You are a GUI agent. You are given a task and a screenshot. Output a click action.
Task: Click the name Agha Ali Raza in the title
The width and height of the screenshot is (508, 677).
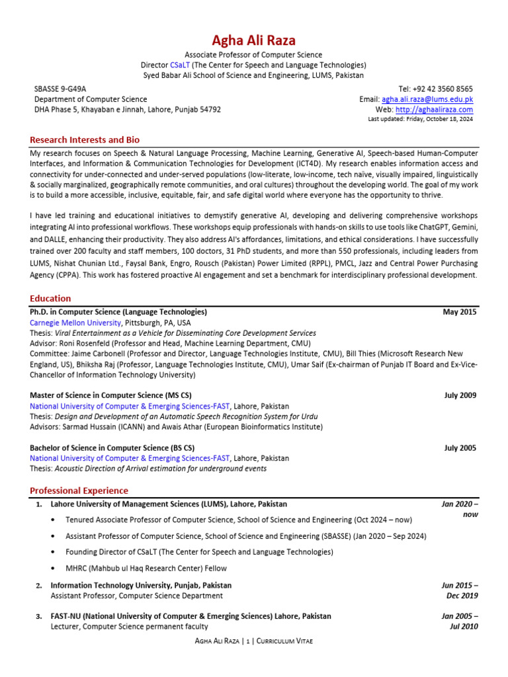[x=253, y=40]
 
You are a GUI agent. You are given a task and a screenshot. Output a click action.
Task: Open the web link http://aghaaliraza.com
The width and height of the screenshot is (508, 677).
[x=434, y=110]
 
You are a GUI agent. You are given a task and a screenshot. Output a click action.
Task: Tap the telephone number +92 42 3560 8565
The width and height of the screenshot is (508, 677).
[x=444, y=89]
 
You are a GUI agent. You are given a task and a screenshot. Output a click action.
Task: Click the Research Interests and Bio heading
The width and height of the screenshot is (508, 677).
[x=85, y=140]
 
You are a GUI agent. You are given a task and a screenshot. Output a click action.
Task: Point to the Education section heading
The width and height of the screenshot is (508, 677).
[x=50, y=299]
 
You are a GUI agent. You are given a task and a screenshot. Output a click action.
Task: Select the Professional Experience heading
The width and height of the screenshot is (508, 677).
[x=79, y=491]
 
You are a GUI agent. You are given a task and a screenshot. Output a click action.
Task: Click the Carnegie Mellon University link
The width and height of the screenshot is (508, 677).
[x=75, y=323]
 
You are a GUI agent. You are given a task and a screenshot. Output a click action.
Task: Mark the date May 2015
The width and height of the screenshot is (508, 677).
[x=459, y=312]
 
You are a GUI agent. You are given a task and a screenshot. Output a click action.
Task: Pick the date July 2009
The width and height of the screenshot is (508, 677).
[x=460, y=395]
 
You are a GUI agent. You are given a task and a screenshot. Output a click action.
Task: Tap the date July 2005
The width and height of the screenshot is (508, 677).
[x=460, y=448]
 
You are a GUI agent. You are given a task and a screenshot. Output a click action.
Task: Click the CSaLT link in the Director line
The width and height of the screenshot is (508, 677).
[x=180, y=65]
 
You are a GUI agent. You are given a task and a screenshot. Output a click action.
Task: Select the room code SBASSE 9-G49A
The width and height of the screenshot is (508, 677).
[x=60, y=89]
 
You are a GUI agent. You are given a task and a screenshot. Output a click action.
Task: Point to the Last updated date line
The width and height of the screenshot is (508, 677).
[x=420, y=120]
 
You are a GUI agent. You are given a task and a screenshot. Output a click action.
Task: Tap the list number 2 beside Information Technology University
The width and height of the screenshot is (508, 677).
[x=39, y=586]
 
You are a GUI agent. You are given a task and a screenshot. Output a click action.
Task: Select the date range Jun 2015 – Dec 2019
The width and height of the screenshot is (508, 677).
[x=459, y=590]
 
